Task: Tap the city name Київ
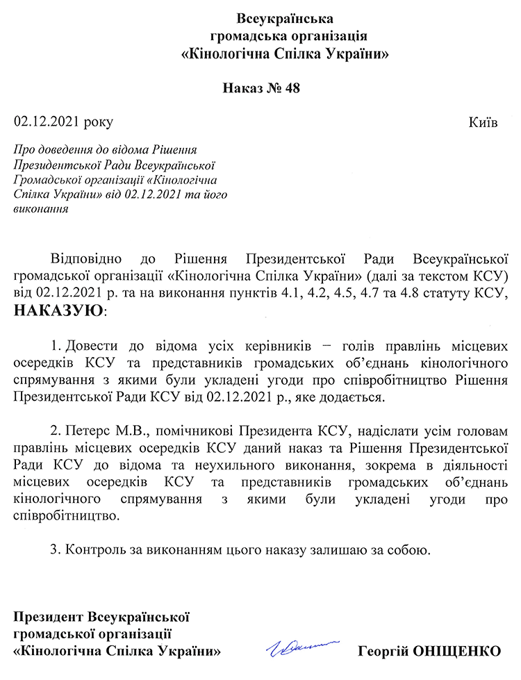click(483, 122)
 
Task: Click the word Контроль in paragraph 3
click(92, 551)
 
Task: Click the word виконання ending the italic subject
click(41, 208)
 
